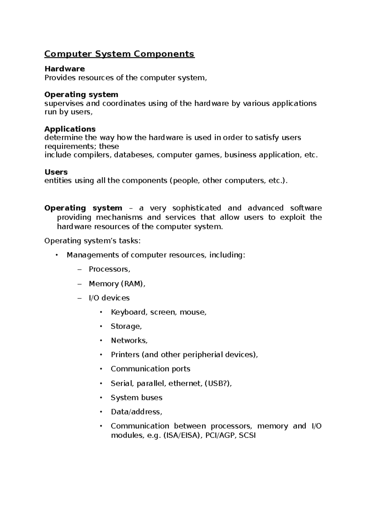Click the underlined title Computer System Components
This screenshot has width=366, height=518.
[119, 54]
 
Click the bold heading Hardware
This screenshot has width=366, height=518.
[65, 69]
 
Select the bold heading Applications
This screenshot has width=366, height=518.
[70, 129]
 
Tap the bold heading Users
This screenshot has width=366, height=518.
[56, 172]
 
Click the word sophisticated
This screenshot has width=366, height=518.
[197, 208]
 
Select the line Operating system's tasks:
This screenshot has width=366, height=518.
[93, 241]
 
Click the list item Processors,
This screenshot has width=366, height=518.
[109, 269]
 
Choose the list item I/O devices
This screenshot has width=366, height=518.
[109, 298]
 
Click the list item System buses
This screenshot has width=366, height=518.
[137, 398]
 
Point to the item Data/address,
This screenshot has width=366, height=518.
[136, 412]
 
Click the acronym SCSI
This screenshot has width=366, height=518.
[247, 436]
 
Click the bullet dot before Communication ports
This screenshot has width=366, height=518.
[101, 369]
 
